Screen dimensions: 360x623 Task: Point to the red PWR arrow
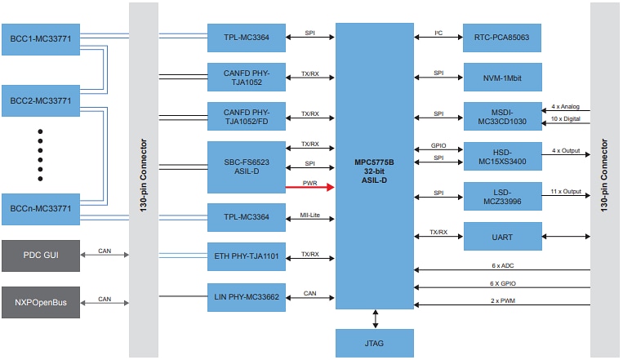tap(309, 187)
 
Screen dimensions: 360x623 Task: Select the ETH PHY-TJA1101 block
tap(246, 256)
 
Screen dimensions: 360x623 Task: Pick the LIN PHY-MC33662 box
tap(246, 297)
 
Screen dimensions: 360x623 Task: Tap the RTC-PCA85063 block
tap(502, 38)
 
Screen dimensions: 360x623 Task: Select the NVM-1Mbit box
tap(502, 77)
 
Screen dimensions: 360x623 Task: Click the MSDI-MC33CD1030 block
tap(502, 116)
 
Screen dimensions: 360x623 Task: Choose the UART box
tap(502, 236)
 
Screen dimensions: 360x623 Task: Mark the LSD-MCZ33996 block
tap(502, 196)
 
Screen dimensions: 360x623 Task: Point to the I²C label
tap(438, 33)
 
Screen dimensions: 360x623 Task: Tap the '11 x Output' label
tap(566, 191)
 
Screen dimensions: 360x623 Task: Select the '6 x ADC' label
tap(501, 265)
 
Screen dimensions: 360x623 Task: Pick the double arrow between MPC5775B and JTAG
tap(375, 318)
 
